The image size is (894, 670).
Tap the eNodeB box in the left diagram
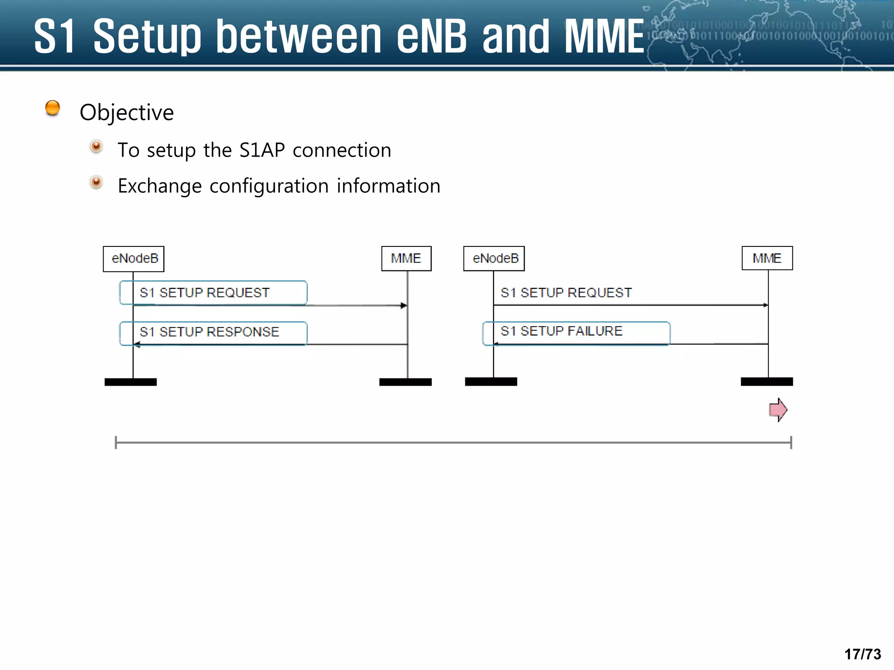134,259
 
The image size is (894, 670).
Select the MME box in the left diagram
406,259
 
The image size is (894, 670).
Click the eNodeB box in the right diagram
494,259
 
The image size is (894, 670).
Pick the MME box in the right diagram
767,258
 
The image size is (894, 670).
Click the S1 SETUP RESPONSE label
210,332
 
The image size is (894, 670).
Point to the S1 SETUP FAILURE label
562,331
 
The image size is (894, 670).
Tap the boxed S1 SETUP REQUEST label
205,293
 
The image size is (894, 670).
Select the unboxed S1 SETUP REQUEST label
566,293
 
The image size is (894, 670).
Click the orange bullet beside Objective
52,108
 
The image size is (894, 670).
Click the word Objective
127,113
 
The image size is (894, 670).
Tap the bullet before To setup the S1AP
96,147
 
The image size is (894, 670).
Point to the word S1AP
262,150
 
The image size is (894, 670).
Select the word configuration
269,186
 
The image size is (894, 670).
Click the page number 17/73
863,654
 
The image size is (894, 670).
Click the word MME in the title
604,37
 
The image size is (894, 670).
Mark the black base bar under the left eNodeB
131,382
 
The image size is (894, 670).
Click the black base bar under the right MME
767,382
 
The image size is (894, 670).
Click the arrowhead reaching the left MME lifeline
404,305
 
